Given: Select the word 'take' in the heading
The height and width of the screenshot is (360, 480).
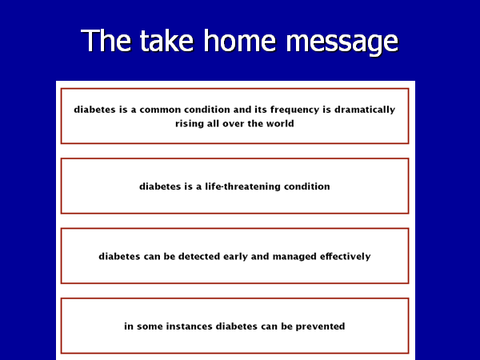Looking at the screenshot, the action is click(166, 40).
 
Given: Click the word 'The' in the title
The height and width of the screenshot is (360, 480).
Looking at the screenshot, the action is click(106, 40).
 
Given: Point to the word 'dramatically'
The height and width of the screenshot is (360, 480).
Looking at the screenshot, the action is click(365, 110).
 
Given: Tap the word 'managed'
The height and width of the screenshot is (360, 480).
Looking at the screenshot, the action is click(294, 257).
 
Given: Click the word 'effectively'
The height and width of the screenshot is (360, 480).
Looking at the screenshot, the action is click(346, 257).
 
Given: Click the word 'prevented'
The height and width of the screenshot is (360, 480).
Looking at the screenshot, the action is click(320, 326).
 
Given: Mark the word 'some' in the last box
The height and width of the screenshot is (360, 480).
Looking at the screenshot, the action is click(150, 326).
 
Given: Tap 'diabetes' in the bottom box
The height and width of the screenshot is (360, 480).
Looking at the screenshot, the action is click(237, 326).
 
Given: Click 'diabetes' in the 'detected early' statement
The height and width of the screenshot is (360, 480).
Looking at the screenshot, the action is click(119, 256).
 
